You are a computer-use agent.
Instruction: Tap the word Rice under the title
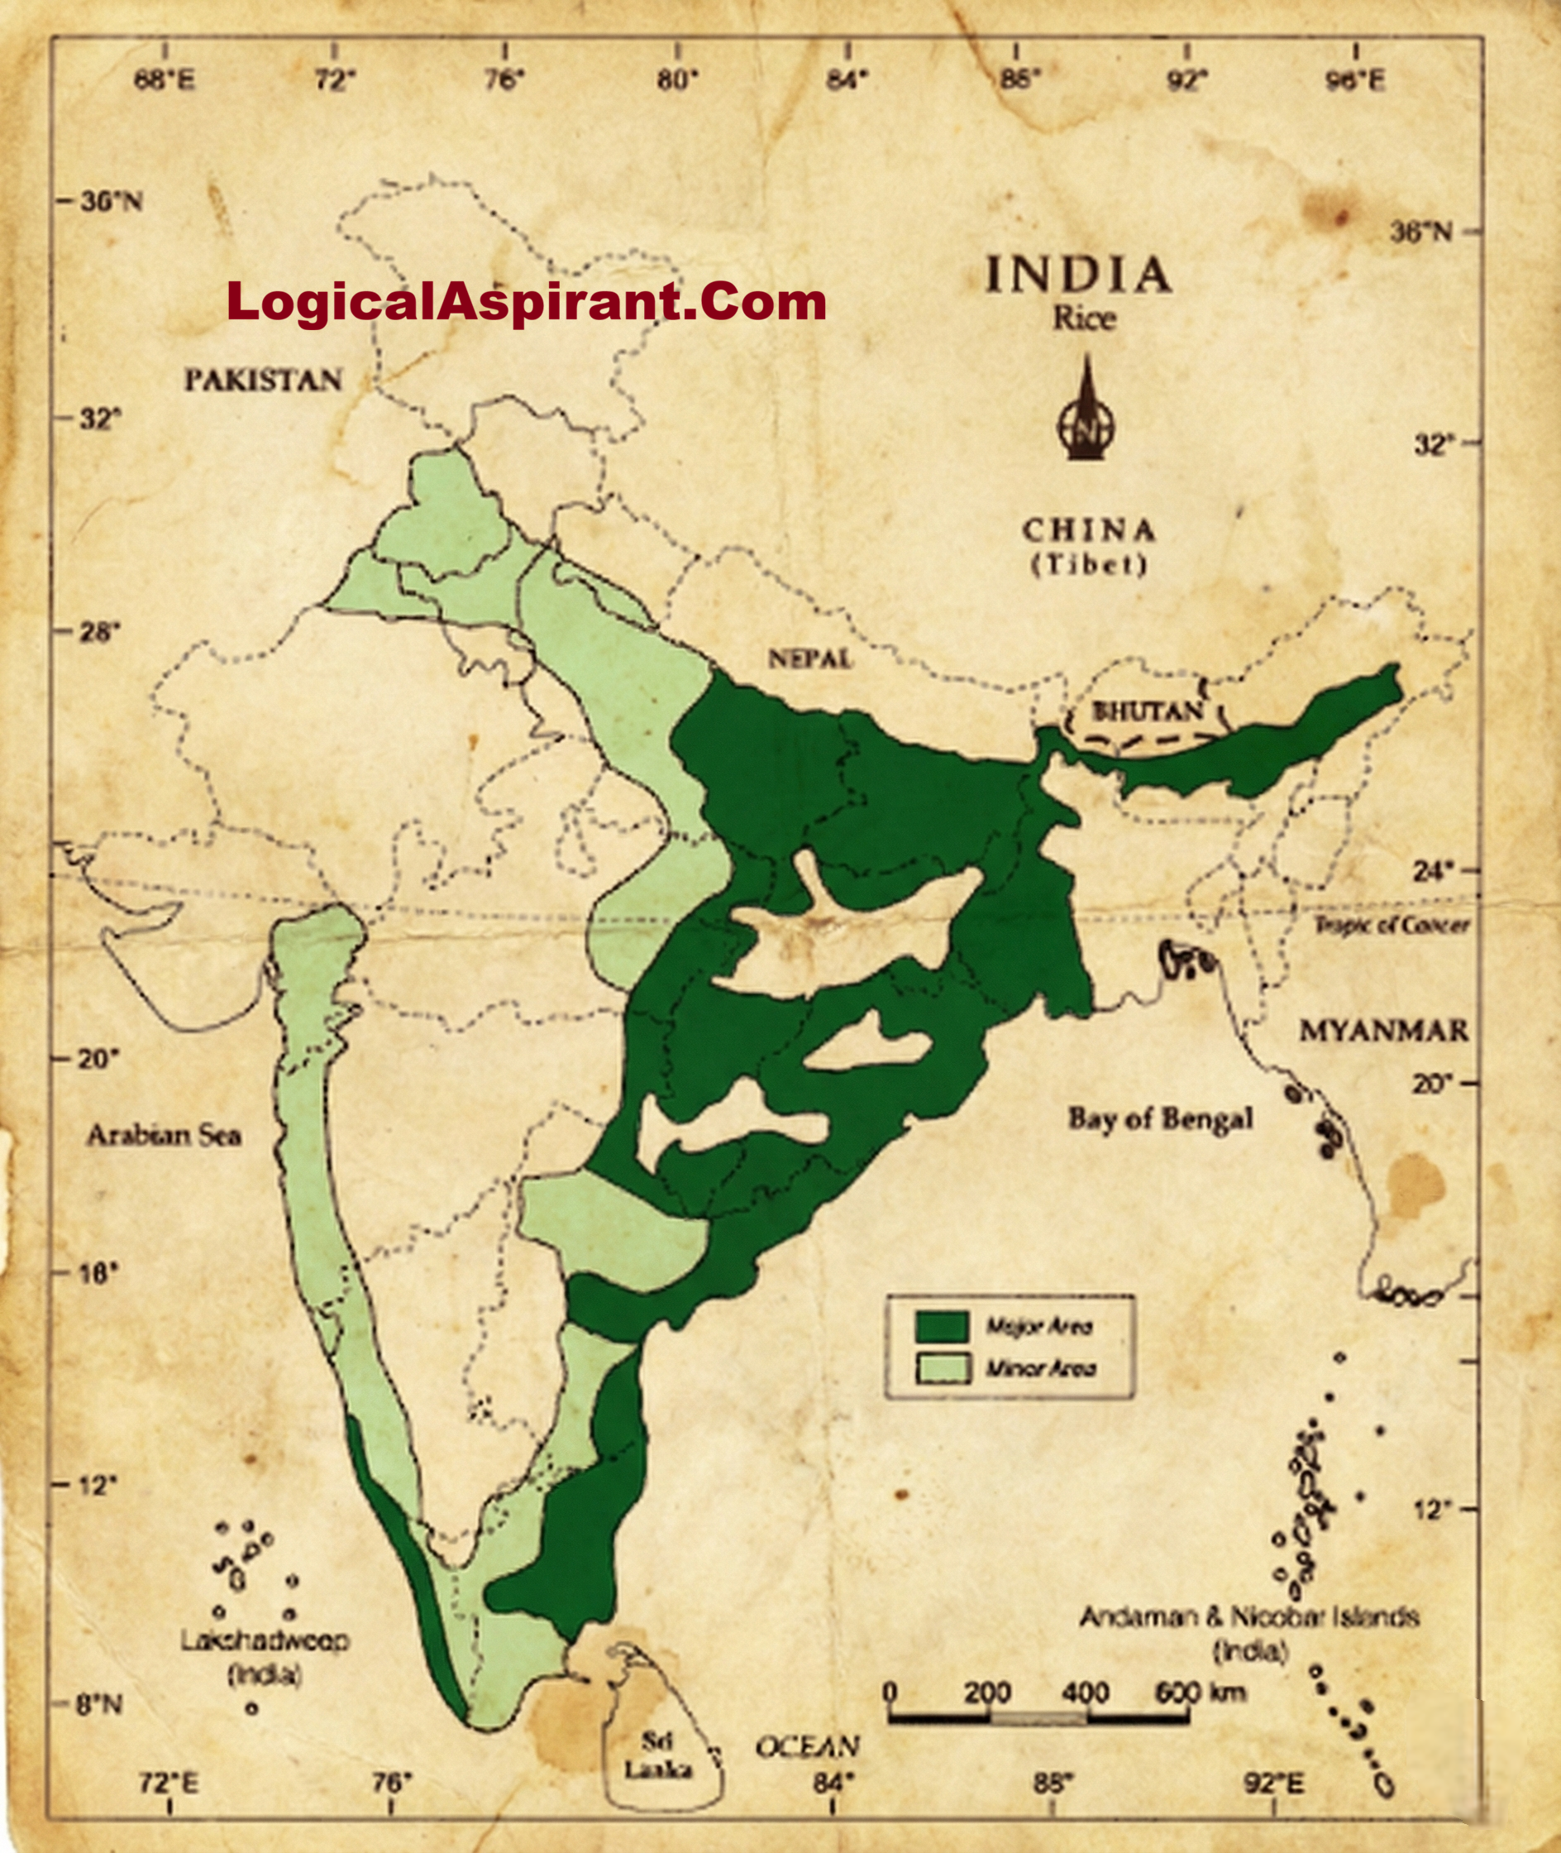[x=1083, y=318]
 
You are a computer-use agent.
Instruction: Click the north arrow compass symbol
[x=1086, y=412]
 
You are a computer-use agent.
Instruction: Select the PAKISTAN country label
[x=263, y=381]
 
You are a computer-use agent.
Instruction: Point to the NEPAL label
[x=809, y=658]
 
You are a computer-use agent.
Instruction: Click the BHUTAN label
[x=1148, y=711]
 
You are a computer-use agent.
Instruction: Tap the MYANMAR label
[x=1383, y=1031]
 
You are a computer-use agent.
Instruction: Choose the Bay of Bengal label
[x=1160, y=1119]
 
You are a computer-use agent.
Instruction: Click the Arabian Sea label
[x=164, y=1135]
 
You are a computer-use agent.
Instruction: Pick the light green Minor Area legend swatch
[x=943, y=1369]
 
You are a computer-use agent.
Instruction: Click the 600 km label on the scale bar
[x=1200, y=1692]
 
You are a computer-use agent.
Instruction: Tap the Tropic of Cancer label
[x=1392, y=926]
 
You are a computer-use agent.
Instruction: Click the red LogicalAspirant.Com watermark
[x=526, y=302]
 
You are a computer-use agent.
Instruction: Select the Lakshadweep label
[x=265, y=1640]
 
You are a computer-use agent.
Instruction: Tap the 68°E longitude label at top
[x=165, y=83]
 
